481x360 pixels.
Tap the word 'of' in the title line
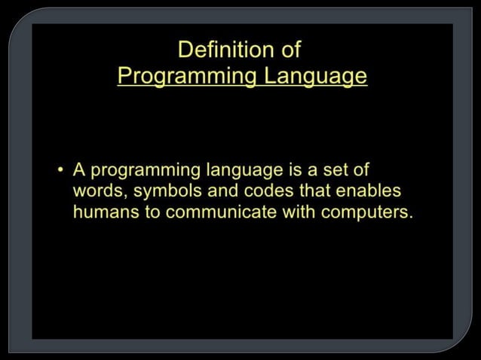[x=290, y=50]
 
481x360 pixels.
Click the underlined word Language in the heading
[x=318, y=76]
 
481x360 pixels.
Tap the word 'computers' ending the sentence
[x=367, y=211]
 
